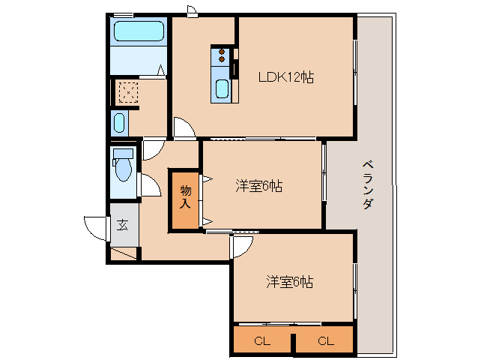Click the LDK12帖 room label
point(286,77)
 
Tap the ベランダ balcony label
point(367,184)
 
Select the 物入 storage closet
point(185,198)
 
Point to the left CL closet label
point(261,341)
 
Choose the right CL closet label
point(324,341)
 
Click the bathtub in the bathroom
point(138,31)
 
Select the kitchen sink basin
point(223,89)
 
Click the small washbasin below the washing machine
point(119,124)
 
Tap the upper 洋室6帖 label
point(258,186)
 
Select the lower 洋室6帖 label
point(289,282)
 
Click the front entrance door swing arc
point(94,226)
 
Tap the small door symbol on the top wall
point(193,10)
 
